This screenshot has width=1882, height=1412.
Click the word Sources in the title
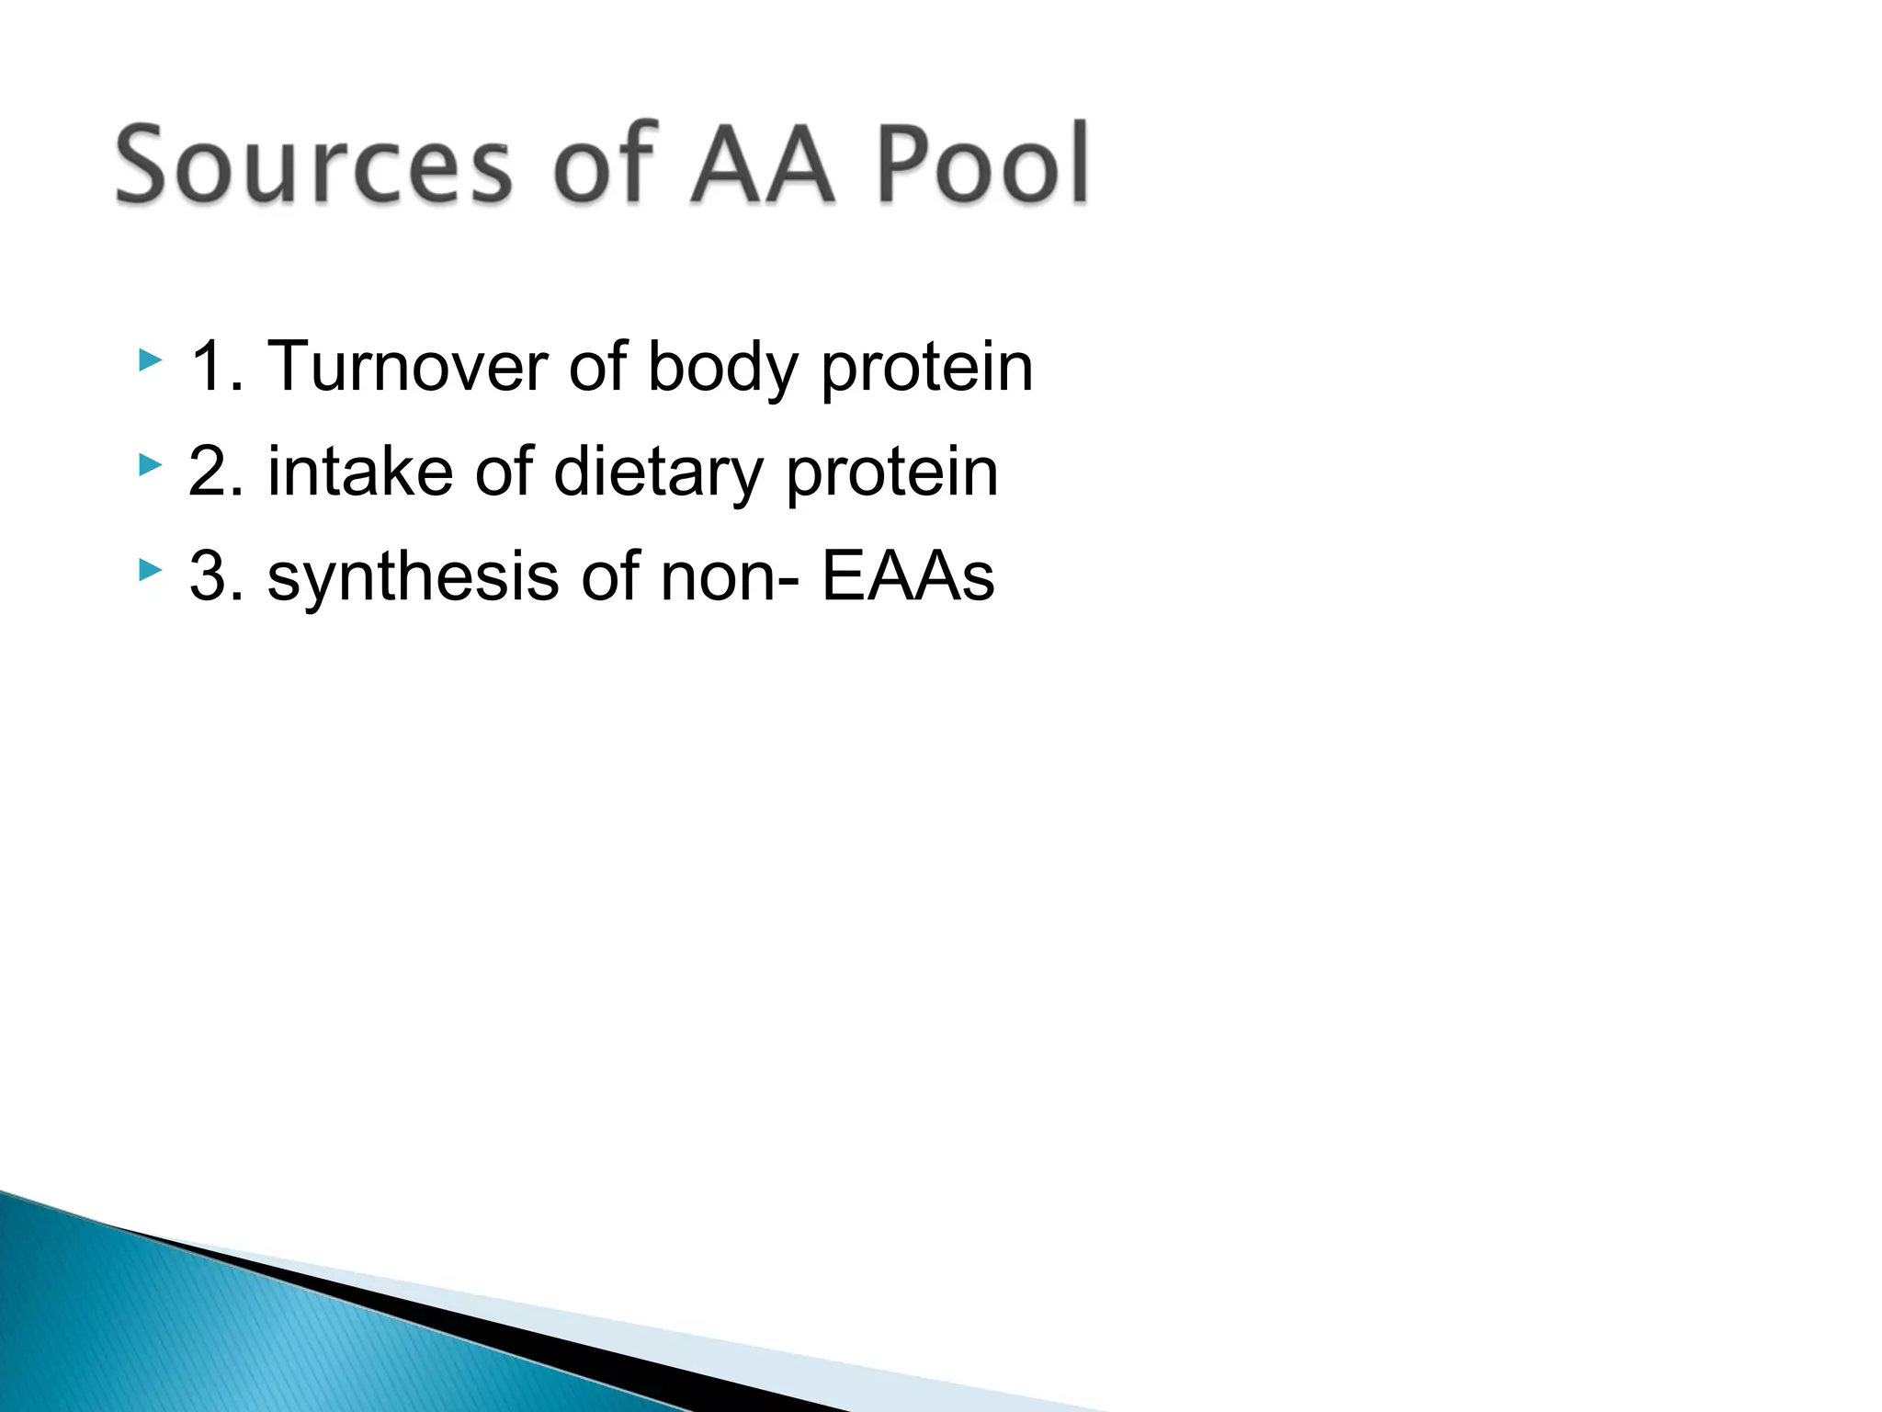312,165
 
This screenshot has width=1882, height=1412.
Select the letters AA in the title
762,165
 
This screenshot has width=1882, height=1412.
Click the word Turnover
408,367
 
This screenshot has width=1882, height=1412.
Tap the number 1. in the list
216,367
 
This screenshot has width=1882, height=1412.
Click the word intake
360,472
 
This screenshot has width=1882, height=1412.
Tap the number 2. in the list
216,472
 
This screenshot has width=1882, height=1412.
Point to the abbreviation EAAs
907,576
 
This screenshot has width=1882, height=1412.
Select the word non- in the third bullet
731,576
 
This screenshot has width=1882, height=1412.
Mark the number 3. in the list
216,576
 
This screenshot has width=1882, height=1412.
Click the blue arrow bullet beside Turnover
150,360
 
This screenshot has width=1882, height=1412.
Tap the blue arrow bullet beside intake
150,465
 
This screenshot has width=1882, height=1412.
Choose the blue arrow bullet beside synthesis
150,571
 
